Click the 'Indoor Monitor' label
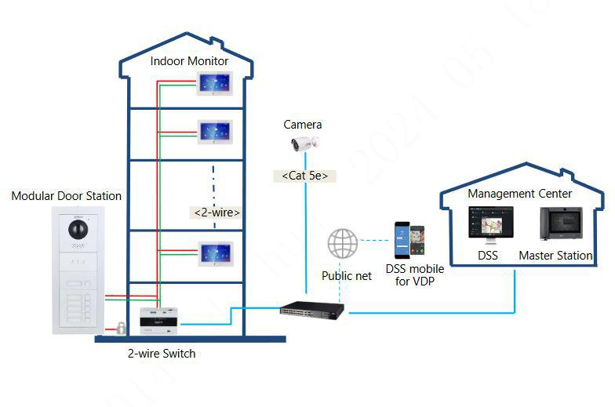[x=189, y=60]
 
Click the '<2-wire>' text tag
[x=216, y=212]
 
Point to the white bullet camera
[x=304, y=144]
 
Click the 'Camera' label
[x=303, y=125]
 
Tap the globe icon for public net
[x=343, y=243]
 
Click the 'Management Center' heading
[x=519, y=193]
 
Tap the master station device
[x=560, y=224]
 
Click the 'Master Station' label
[x=555, y=256]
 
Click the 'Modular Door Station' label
[x=66, y=196]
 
